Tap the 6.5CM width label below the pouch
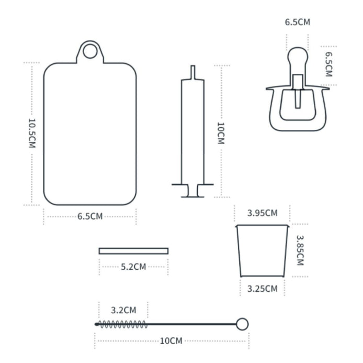click(90, 217)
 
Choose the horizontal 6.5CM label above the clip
click(297, 23)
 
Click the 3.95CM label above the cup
click(262, 213)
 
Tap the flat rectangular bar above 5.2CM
click(133, 251)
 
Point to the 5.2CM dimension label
click(133, 267)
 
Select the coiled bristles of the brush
click(122, 324)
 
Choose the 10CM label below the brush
click(172, 342)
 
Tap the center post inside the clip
click(298, 92)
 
